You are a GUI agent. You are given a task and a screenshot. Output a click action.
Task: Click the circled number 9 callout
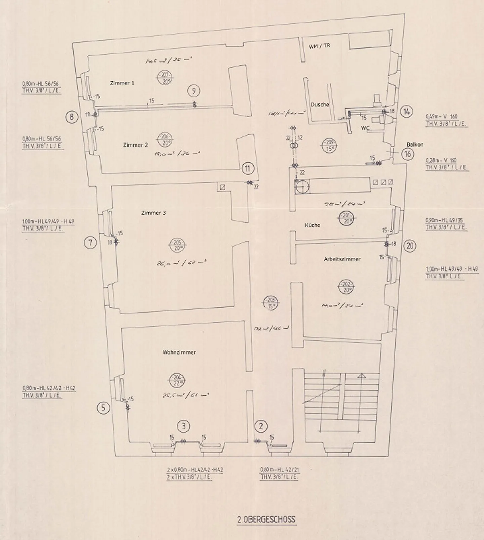(194, 91)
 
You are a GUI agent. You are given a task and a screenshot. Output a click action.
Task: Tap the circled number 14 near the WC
(407, 112)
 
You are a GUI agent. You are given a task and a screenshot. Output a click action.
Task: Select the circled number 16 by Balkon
(407, 154)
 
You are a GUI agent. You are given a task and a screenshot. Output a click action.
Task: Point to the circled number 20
(410, 246)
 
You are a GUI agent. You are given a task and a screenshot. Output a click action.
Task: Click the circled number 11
(248, 168)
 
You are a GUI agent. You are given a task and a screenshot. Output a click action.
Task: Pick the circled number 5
(103, 408)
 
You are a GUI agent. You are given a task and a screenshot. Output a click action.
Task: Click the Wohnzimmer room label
(179, 352)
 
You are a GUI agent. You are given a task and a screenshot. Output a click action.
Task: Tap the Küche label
(312, 225)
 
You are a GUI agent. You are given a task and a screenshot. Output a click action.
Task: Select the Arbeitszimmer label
(342, 259)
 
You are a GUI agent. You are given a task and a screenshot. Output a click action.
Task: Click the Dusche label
(320, 105)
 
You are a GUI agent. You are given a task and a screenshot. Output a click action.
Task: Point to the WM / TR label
(319, 46)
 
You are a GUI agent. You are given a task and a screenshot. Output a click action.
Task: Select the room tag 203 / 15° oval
(271, 303)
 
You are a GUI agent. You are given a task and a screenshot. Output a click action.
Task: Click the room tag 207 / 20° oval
(165, 78)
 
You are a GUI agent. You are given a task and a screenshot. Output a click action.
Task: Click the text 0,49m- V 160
(441, 117)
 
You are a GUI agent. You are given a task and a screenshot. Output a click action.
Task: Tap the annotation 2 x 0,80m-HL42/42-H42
(195, 470)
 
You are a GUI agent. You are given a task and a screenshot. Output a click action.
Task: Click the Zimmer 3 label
(153, 213)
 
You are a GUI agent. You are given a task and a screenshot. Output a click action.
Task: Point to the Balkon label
(415, 144)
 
